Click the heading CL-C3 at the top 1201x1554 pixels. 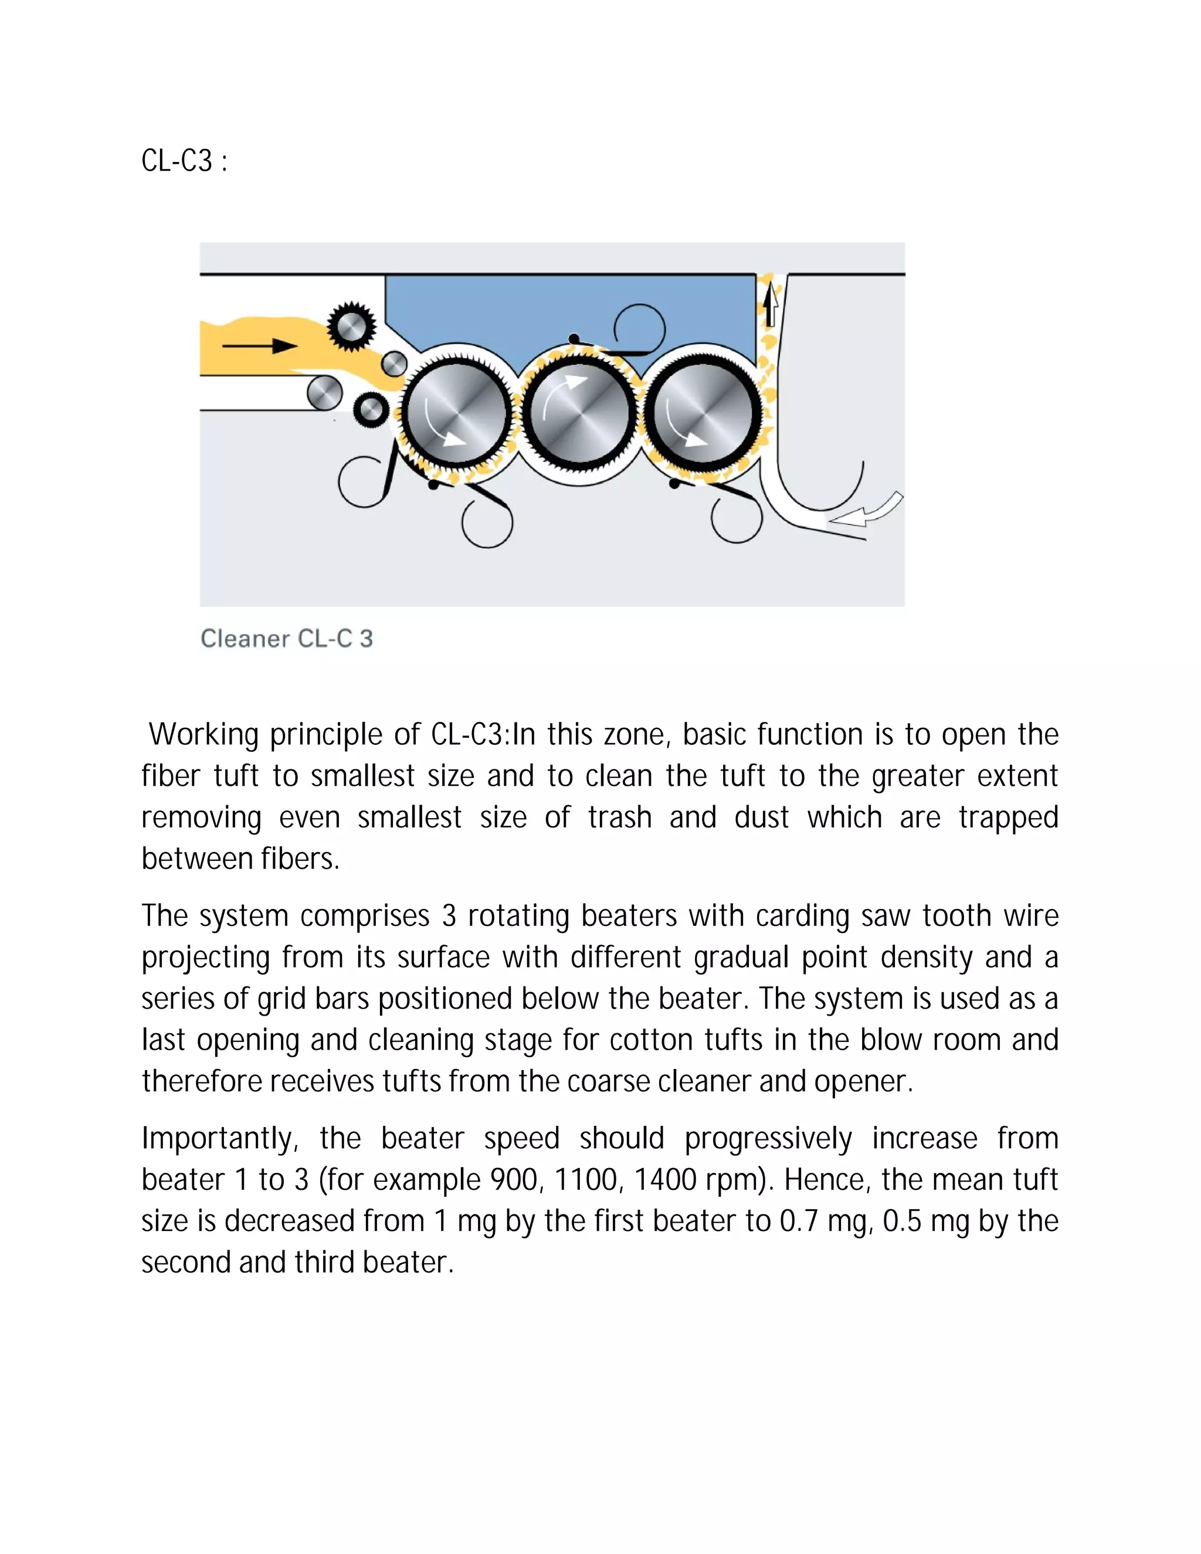coord(184,161)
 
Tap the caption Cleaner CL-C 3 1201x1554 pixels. coord(286,638)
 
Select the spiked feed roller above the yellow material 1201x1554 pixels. coord(351,327)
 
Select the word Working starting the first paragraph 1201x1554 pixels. coord(203,735)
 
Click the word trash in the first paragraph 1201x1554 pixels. coord(620,817)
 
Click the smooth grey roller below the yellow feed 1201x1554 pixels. coord(324,393)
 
